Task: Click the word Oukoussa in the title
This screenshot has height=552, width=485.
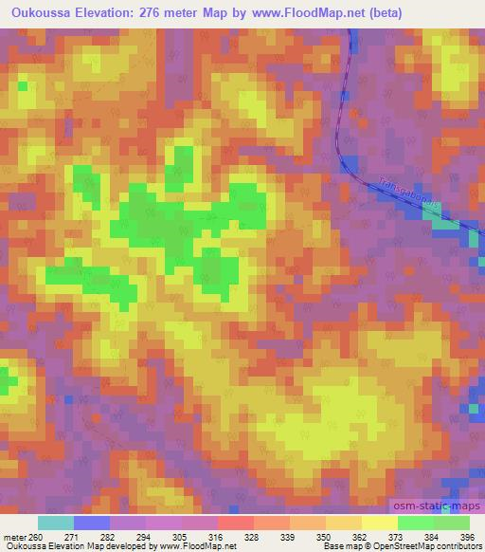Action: pos(40,13)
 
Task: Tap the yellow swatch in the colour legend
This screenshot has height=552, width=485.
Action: pos(380,523)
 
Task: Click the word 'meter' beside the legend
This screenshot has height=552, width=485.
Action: pos(11,536)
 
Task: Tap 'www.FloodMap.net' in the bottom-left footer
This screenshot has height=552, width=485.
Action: pos(198,547)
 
